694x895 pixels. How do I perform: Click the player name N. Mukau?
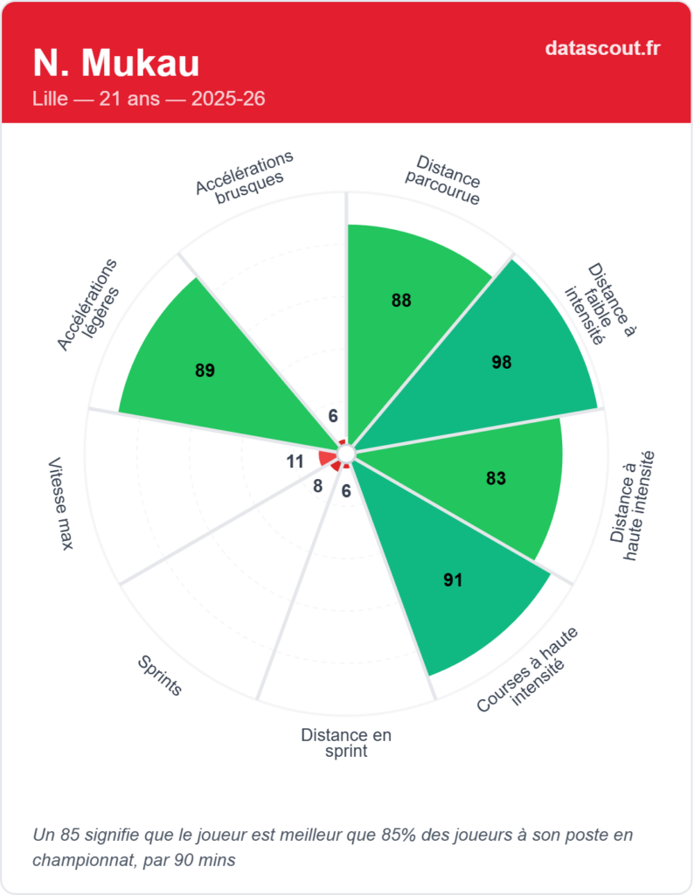116,64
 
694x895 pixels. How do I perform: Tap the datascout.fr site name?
601,48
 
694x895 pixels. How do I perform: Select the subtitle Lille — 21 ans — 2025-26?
149,99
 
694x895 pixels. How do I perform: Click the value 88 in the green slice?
401,301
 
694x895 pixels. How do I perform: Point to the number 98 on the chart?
501,362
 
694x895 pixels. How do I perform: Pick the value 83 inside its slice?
496,478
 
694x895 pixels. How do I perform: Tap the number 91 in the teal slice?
452,579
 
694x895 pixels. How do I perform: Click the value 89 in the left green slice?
205,371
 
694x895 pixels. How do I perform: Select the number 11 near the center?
295,461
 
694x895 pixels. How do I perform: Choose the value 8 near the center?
317,486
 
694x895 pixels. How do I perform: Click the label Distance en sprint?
346,743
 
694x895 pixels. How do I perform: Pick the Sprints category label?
160,675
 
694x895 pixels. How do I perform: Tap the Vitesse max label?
60,503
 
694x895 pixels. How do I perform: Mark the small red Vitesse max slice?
327,457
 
